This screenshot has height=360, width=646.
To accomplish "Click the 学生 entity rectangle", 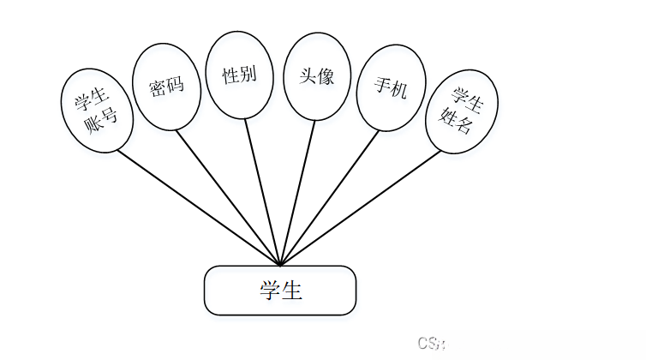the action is pyautogui.click(x=279, y=290).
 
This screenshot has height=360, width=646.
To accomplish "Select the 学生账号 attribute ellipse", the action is pyautogui.click(x=98, y=111).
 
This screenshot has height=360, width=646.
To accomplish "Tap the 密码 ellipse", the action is pyautogui.click(x=166, y=87).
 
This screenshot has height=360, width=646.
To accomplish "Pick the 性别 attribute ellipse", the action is pyautogui.click(x=239, y=75).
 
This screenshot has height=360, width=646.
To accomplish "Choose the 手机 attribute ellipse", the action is pyautogui.click(x=391, y=87).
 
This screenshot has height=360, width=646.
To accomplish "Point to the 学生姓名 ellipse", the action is pyautogui.click(x=462, y=111).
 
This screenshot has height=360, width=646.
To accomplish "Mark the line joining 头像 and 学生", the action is pyautogui.click(x=297, y=191).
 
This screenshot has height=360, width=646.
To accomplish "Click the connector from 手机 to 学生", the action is pyautogui.click(x=330, y=196).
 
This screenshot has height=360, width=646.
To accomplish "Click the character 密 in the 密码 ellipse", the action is pyautogui.click(x=157, y=89).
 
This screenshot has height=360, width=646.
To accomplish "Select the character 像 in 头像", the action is pyautogui.click(x=325, y=75).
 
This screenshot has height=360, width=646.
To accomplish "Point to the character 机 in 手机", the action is pyautogui.click(x=398, y=89).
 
